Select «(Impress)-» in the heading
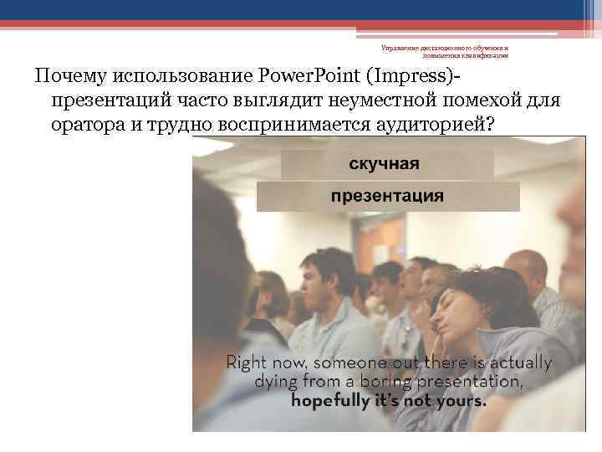pyautogui.click(x=411, y=79)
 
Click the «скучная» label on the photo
pyautogui.click(x=384, y=162)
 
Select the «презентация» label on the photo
pyautogui.click(x=387, y=197)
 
